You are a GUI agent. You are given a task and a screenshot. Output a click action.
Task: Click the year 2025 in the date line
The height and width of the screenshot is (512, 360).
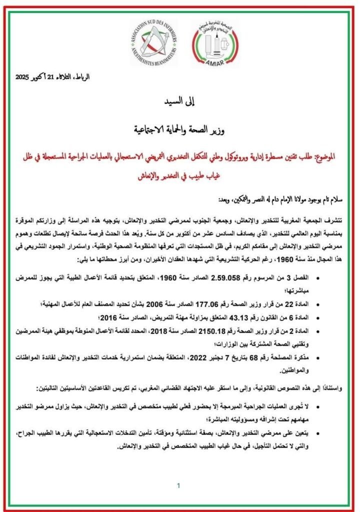click(23, 77)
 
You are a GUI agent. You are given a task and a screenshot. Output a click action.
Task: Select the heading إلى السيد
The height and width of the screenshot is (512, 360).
click(179, 104)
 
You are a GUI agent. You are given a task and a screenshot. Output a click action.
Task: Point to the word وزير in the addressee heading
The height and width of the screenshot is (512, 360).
click(213, 131)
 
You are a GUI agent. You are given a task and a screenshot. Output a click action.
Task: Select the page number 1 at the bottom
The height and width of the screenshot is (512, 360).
click(178, 485)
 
